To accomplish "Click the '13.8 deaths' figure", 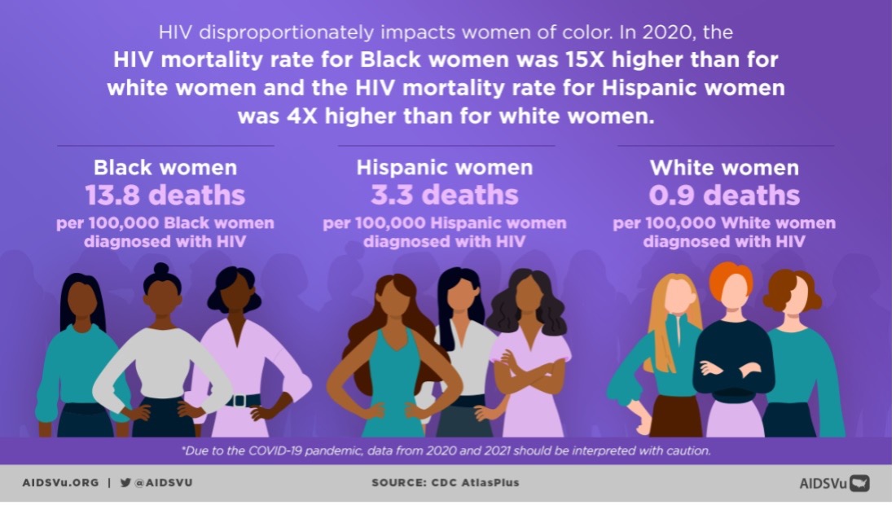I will (165, 195).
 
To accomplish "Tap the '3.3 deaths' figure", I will (445, 195).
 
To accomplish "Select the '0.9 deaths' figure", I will (724, 195).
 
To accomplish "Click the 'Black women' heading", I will (165, 168).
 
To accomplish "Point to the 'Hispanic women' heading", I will (445, 168).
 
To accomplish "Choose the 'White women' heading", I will (724, 168).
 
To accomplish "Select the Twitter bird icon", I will (125, 482).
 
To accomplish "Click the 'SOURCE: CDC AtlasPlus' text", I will (445, 482).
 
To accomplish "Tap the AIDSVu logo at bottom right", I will (834, 483).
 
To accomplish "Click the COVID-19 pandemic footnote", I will (446, 450).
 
